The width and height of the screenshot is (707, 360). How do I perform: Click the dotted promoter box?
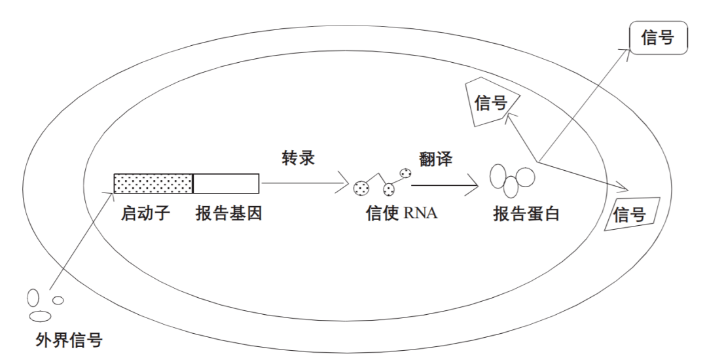(153, 184)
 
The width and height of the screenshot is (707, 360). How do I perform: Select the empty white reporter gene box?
(227, 184)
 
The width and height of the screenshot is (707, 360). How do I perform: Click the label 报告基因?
(228, 213)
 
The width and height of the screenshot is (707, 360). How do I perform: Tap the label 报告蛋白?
(526, 213)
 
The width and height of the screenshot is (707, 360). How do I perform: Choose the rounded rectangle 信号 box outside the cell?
(658, 39)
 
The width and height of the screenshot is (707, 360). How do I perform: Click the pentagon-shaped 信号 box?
(491, 103)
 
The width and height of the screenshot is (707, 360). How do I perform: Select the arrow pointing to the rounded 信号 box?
(583, 105)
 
